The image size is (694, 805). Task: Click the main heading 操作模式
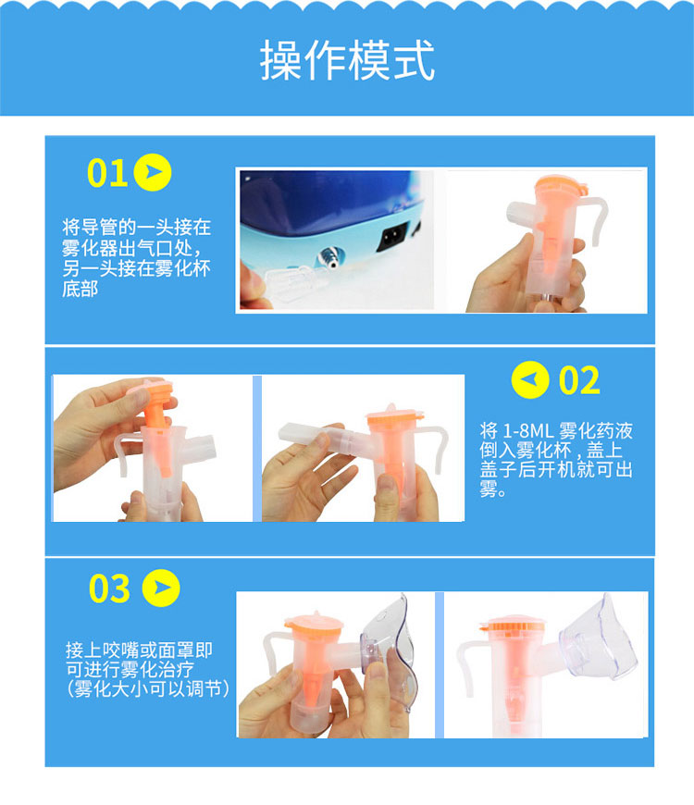click(x=348, y=60)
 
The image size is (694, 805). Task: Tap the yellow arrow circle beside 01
click(x=153, y=172)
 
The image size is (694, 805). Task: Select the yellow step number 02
click(x=579, y=380)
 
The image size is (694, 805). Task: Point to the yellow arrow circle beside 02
click(x=530, y=380)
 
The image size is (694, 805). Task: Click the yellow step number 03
click(x=109, y=588)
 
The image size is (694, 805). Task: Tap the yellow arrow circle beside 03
click(x=161, y=588)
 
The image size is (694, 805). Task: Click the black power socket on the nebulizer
click(x=392, y=236)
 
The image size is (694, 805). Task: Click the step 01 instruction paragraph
click(x=137, y=258)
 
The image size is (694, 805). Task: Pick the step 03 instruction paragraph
click(x=147, y=669)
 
